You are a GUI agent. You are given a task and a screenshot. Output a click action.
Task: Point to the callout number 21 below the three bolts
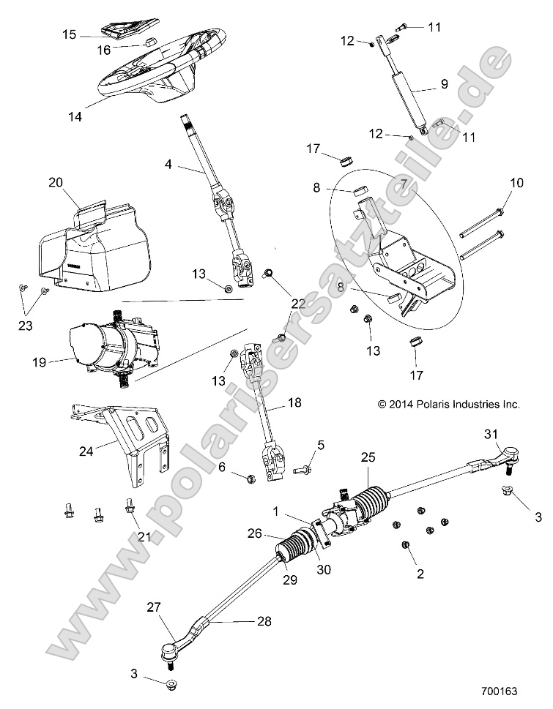tap(144, 536)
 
